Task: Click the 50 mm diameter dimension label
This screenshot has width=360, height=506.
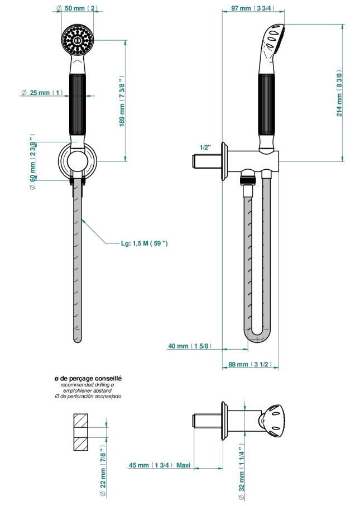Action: pyautogui.click(x=77, y=8)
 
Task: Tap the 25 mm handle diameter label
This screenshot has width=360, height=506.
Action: pyautogui.click(x=42, y=93)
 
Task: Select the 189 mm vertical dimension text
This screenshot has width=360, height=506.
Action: pyautogui.click(x=122, y=101)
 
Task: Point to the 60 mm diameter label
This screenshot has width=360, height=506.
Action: pyautogui.click(x=32, y=161)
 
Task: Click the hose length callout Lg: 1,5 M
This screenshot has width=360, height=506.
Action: pyautogui.click(x=144, y=244)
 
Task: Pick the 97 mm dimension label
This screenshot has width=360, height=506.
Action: pyautogui.click(x=253, y=8)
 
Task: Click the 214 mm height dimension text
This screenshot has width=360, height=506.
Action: pyautogui.click(x=339, y=93)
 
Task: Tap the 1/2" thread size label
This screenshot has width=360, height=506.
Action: pyautogui.click(x=205, y=147)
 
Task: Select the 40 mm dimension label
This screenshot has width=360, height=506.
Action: pyautogui.click(x=190, y=346)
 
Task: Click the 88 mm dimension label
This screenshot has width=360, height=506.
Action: pyautogui.click(x=250, y=364)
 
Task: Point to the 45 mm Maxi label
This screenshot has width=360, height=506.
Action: pyautogui.click(x=160, y=465)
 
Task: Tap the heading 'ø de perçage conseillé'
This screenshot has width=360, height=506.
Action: pyautogui.click(x=88, y=379)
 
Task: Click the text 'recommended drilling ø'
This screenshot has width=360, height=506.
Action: pyautogui.click(x=88, y=385)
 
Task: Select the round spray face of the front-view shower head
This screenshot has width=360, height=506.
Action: pyautogui.click(x=78, y=40)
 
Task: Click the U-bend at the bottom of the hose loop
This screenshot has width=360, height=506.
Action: pyautogui.click(x=257, y=336)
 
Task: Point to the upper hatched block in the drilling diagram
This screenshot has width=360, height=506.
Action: pyautogui.click(x=80, y=421)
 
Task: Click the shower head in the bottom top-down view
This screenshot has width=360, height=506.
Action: pyautogui.click(x=272, y=421)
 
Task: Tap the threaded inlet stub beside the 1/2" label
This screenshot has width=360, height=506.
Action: pyautogui.click(x=207, y=161)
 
